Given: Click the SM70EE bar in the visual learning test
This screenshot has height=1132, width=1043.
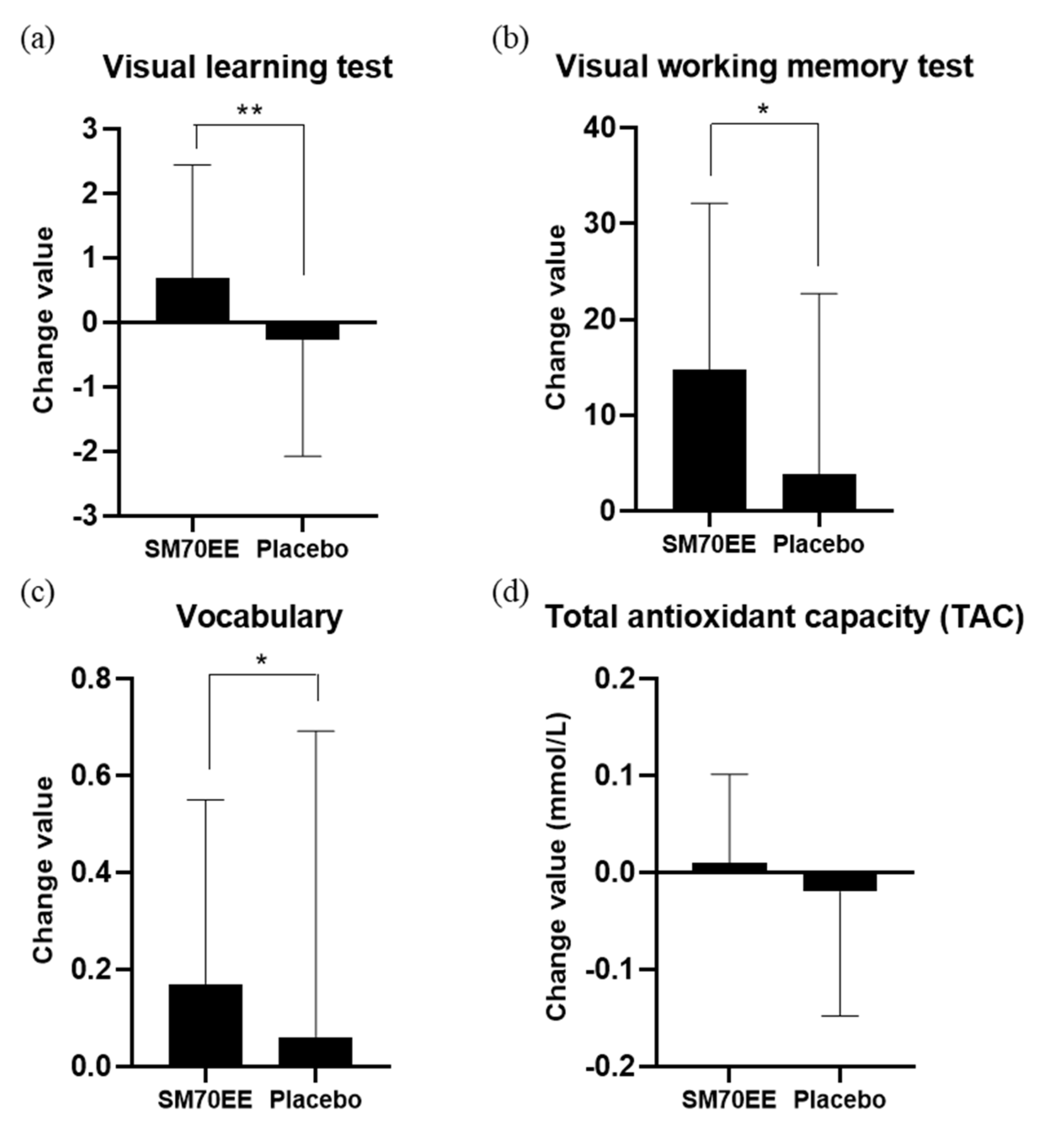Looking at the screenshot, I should tap(193, 300).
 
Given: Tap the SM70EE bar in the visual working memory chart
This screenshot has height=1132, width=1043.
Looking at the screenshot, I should tap(709, 440).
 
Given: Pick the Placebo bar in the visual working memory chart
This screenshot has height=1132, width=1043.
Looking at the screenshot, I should tap(819, 492).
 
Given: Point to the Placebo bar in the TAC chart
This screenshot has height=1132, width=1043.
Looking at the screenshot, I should tap(840, 882).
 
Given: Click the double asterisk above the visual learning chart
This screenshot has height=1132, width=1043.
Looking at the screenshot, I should tap(250, 111).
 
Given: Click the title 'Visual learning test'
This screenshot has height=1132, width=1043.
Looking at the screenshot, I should tap(248, 68).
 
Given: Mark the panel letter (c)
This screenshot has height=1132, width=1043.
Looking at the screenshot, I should tap(37, 593).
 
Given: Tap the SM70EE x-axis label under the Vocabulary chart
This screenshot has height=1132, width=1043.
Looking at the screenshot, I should tap(205, 1100).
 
